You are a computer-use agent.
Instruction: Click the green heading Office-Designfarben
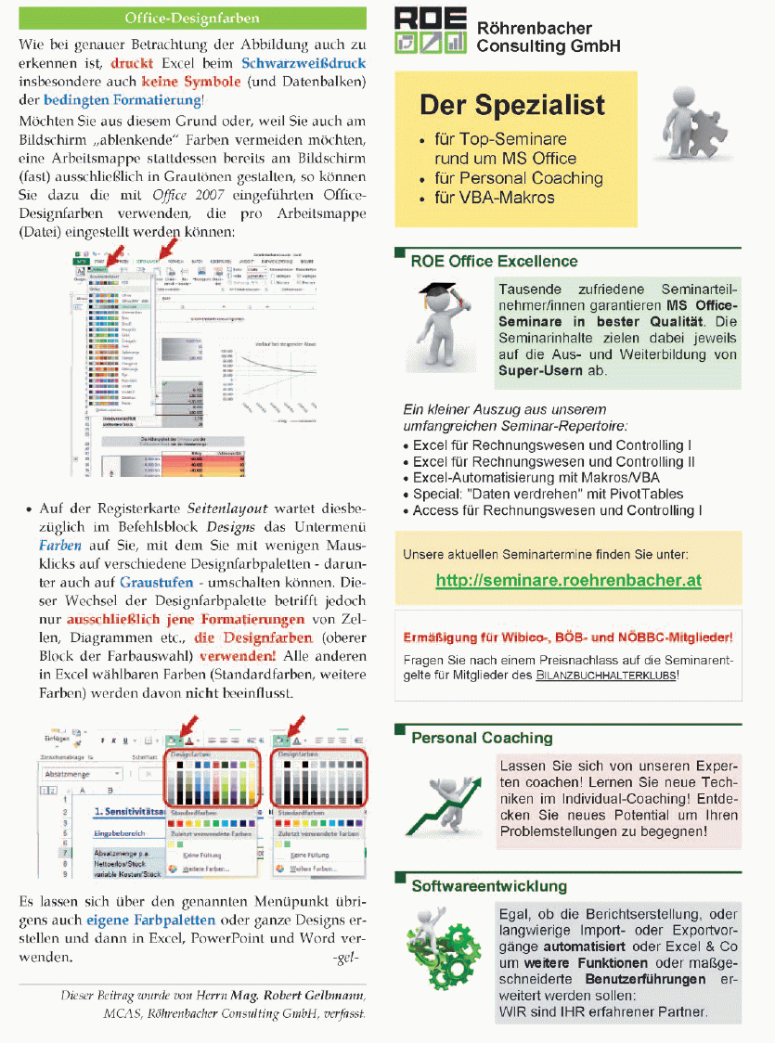pos(192,18)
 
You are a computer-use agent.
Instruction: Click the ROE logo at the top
pos(430,30)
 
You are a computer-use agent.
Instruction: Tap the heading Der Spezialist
pos(511,105)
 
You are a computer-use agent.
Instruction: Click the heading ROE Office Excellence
pos(494,262)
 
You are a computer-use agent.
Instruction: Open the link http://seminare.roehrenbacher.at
pos(568,581)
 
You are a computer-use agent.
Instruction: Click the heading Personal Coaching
pos(482,738)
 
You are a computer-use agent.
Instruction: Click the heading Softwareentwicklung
pos(489,886)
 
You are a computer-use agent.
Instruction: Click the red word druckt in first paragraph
pos(131,64)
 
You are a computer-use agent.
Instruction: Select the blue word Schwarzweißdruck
pos(304,64)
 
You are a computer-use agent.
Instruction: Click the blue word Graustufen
pos(156,583)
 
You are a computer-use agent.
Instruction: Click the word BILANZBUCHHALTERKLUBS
pos(605,676)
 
